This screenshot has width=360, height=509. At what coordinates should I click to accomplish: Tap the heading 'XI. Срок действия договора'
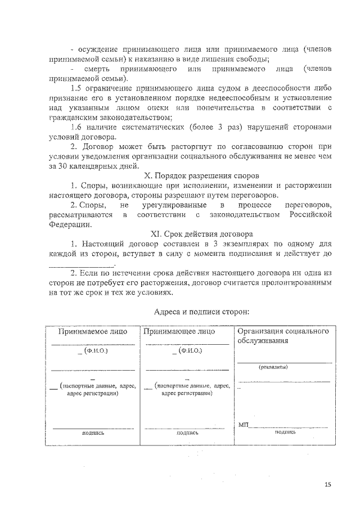coord(201,233)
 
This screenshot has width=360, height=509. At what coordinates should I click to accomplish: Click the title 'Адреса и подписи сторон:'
coord(201,311)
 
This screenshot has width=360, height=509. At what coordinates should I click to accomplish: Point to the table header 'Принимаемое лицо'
coord(93,332)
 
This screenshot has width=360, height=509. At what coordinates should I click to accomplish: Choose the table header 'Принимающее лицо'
coord(179,332)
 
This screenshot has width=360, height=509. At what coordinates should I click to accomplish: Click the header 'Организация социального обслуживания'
coord(282,336)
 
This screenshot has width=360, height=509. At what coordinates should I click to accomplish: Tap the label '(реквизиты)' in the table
coord(273,367)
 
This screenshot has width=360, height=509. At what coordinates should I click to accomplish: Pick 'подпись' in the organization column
coord(285,432)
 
